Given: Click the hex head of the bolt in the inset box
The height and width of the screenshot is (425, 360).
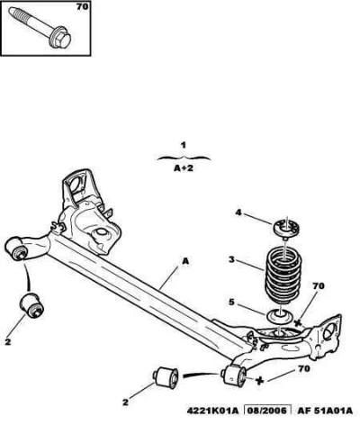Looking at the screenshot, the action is click(x=61, y=40).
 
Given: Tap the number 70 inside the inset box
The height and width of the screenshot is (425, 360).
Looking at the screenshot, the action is click(x=82, y=6).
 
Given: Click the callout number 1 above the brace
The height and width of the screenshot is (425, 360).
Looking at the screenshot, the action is click(x=184, y=146).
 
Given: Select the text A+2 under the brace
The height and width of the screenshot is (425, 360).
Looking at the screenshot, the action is click(x=184, y=168).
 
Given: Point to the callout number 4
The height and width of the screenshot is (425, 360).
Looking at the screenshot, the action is click(x=238, y=212).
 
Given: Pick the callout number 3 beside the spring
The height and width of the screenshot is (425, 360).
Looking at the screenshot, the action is click(x=231, y=259).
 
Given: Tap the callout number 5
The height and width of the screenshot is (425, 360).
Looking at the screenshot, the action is click(x=231, y=302).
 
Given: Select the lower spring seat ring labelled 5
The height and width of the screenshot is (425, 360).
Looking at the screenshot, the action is click(x=280, y=317).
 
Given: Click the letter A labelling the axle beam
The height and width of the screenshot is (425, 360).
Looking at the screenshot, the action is click(x=185, y=261).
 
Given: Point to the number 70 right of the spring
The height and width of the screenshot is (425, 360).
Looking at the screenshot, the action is click(x=318, y=286).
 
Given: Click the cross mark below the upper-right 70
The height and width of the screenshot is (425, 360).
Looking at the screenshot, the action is click(x=298, y=323).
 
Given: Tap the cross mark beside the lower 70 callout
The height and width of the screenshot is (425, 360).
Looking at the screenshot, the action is click(x=259, y=381).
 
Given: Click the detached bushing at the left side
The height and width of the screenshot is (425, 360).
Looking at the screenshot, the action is click(x=31, y=305).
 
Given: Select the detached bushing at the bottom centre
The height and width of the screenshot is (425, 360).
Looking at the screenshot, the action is click(x=166, y=377).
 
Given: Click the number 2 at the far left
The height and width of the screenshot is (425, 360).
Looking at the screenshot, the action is click(x=8, y=341).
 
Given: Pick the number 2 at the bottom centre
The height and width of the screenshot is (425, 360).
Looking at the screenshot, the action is click(x=125, y=402).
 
